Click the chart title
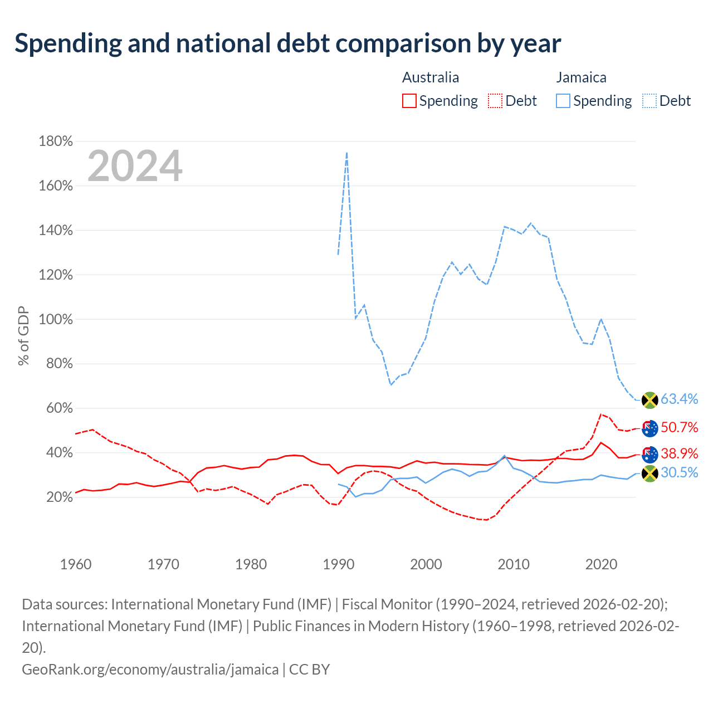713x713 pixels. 287,43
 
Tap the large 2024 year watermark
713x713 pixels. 135,165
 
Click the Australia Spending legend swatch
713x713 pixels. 409,101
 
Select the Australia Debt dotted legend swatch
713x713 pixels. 495,101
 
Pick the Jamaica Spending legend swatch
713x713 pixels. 563,101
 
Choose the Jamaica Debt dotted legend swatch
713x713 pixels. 649,101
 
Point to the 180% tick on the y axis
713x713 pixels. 56,141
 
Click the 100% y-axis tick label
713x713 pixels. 56,319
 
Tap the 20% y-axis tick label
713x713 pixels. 60,497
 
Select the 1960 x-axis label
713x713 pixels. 76,564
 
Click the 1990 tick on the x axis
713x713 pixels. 339,564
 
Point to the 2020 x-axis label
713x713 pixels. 601,564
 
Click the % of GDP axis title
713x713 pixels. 23,335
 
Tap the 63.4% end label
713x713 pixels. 680,399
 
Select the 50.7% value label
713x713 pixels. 680,427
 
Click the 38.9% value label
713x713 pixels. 680,453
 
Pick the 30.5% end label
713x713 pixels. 680,472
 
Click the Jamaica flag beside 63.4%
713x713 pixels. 649,400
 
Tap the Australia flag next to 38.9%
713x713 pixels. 649,455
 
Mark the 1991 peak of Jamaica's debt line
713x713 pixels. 346,153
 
